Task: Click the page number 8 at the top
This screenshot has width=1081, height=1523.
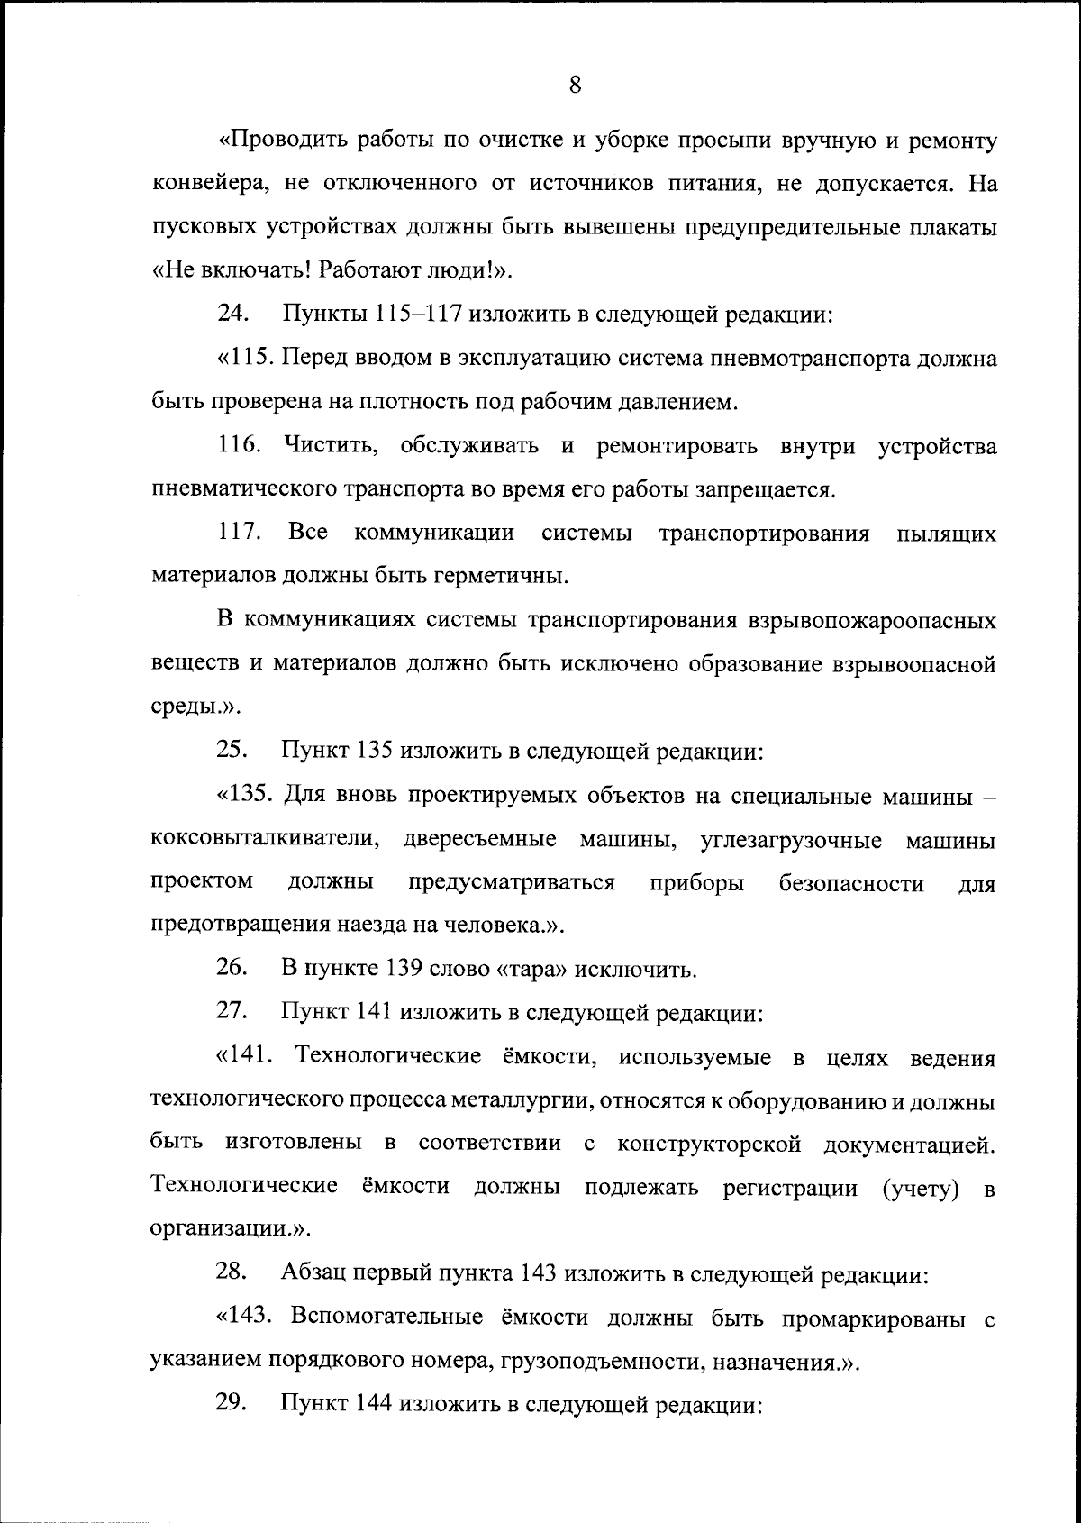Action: (x=576, y=86)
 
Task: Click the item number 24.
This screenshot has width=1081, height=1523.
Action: (x=232, y=315)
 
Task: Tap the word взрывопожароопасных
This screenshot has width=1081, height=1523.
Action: (x=873, y=621)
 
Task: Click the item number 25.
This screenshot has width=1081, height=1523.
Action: (x=232, y=751)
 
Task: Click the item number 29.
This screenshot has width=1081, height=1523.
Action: (x=232, y=1404)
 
